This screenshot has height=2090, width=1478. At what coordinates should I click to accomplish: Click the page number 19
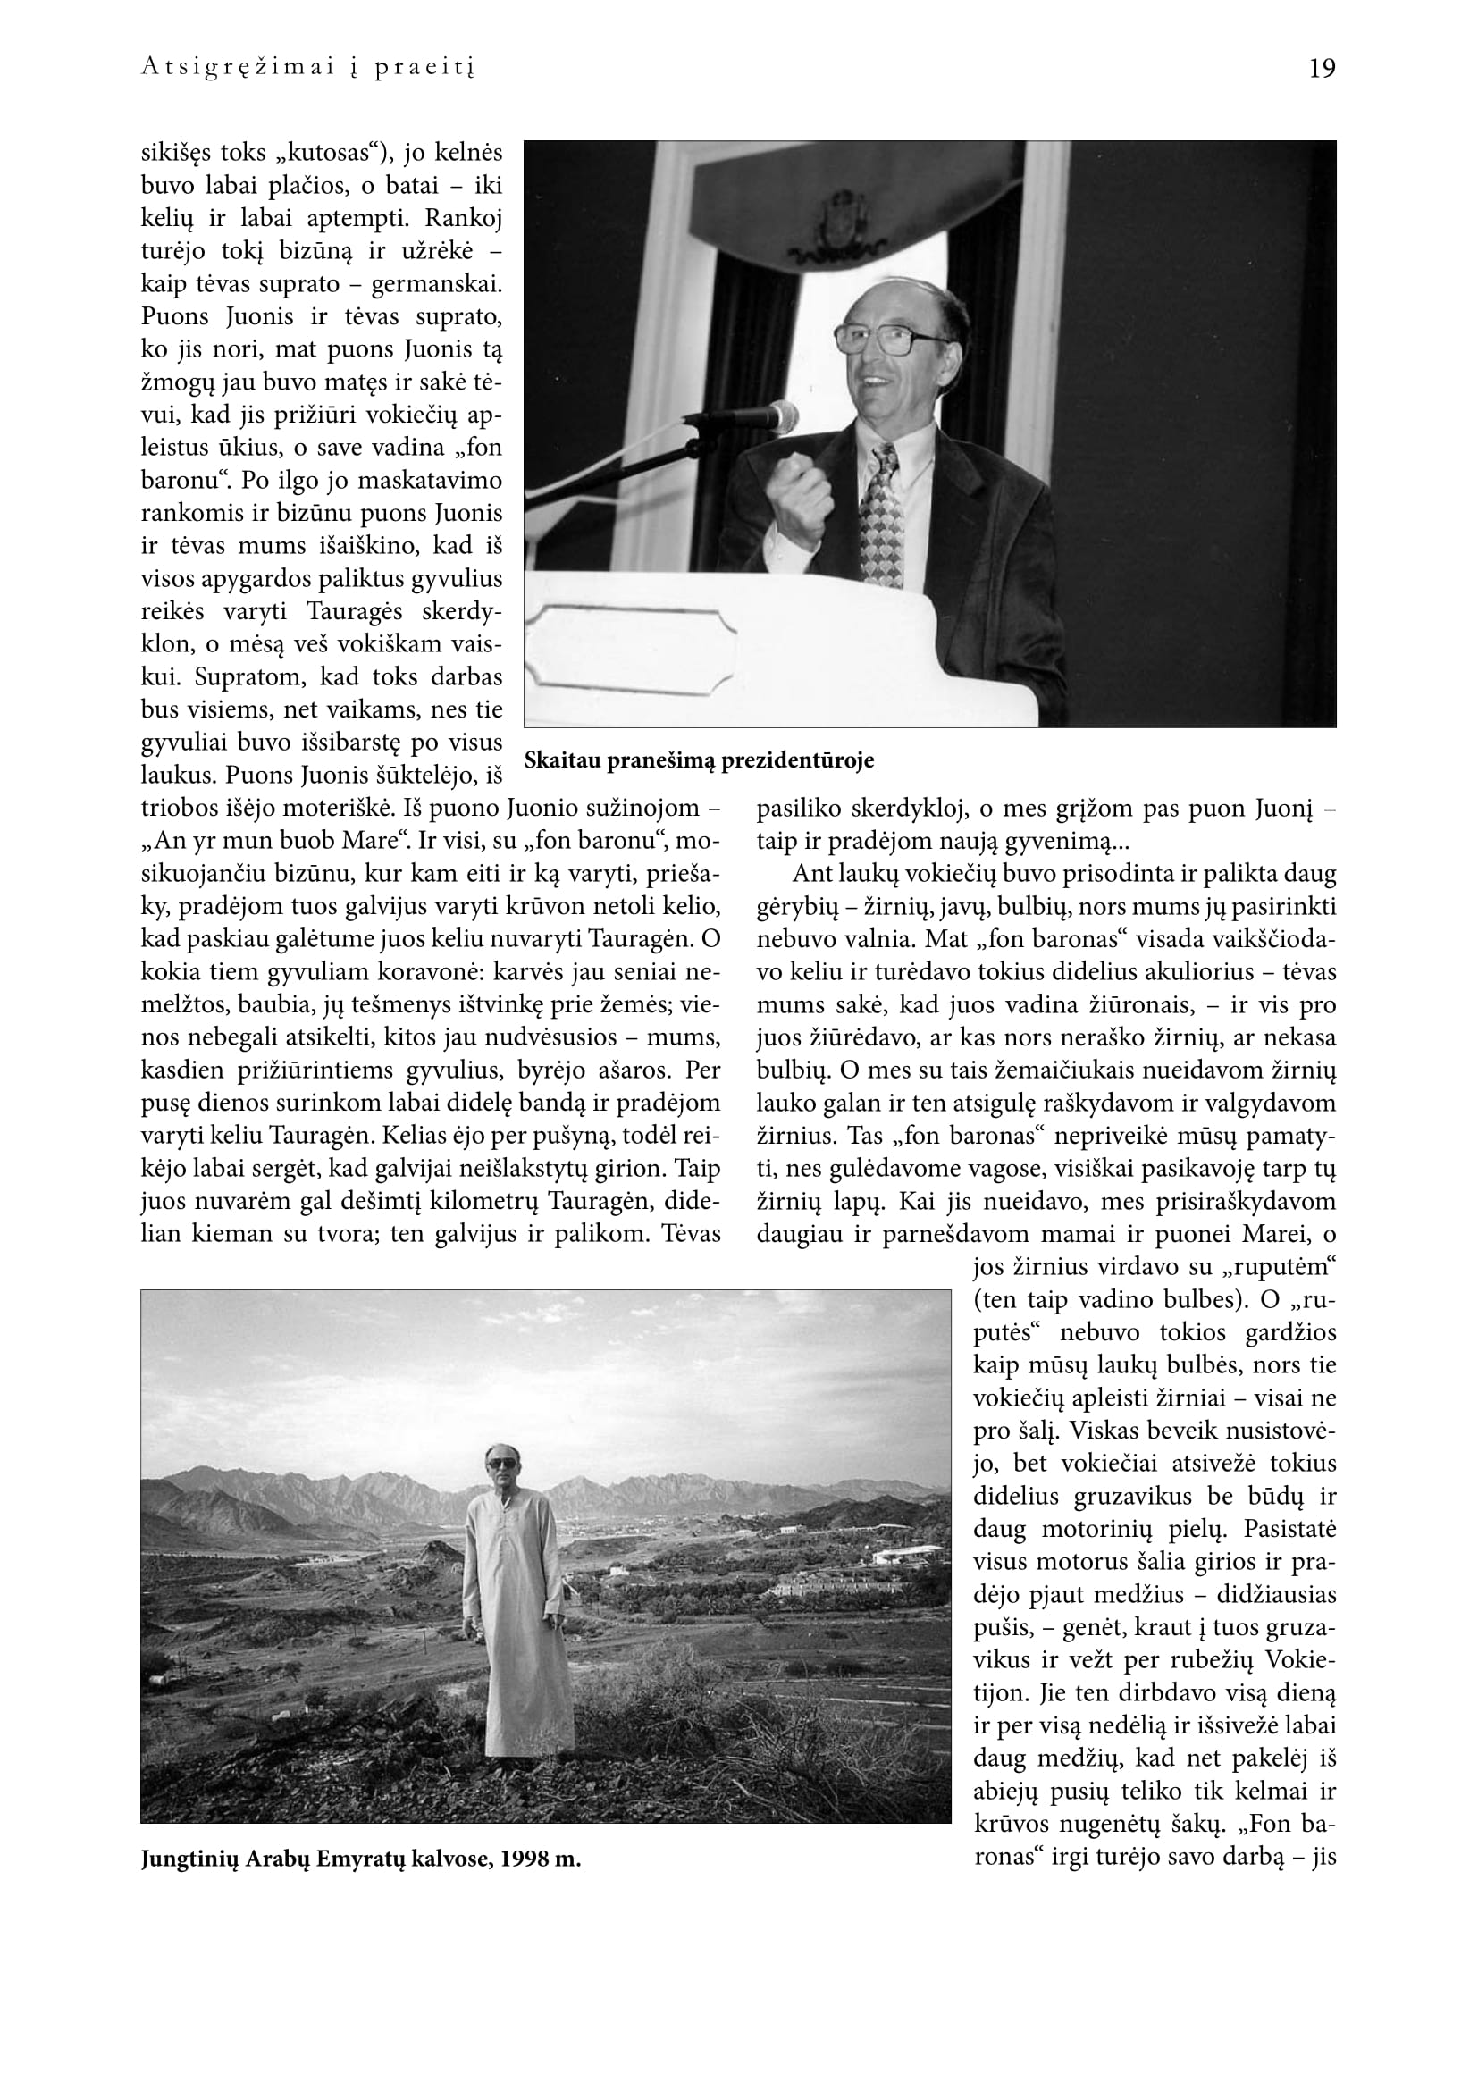1322,69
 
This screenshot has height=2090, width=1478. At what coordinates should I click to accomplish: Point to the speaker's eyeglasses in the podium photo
892,338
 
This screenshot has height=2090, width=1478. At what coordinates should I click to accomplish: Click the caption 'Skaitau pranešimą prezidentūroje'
699,761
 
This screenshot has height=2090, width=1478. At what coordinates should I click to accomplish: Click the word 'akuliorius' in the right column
1185,972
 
